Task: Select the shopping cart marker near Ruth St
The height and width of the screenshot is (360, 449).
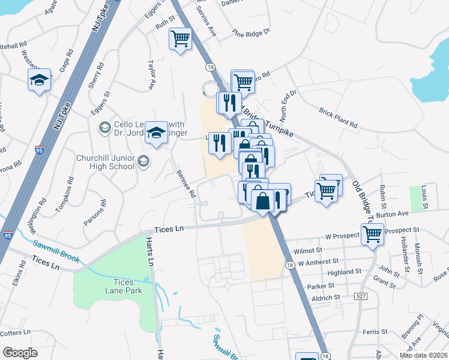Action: tap(180, 40)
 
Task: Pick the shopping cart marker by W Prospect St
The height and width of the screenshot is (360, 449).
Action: tap(372, 235)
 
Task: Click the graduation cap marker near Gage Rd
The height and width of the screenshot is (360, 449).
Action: tap(39, 80)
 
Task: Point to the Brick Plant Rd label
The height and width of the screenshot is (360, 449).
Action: tap(338, 119)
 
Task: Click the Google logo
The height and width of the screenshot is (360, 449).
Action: tap(20, 353)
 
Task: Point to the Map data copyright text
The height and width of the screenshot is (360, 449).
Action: tap(423, 355)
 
